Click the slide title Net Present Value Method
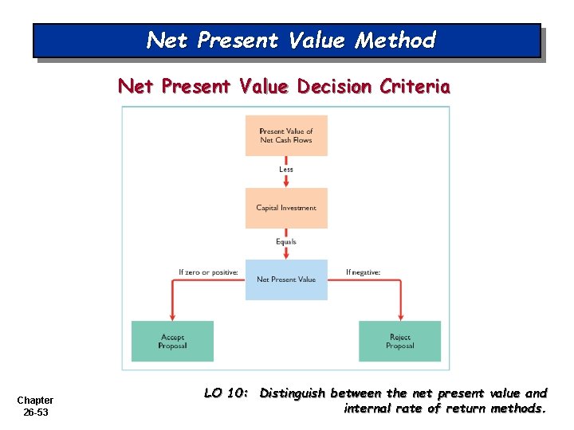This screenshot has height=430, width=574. pyautogui.click(x=291, y=40)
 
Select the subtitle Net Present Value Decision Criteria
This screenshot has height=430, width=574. pyautogui.click(x=284, y=86)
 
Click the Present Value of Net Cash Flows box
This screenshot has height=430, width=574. pyautogui.click(x=286, y=135)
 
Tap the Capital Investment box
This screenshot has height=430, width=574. pyautogui.click(x=286, y=208)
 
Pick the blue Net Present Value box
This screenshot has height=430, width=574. pyautogui.click(x=286, y=279)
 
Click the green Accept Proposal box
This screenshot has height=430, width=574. pyautogui.click(x=173, y=342)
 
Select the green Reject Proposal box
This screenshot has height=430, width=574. pyautogui.click(x=399, y=342)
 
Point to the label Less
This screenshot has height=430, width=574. pyautogui.click(x=286, y=169)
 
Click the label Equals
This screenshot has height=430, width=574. pyautogui.click(x=286, y=241)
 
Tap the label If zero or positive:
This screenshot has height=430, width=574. pyautogui.click(x=208, y=272)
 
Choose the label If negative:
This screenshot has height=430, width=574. pyautogui.click(x=363, y=272)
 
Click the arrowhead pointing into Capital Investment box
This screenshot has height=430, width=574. pyautogui.click(x=286, y=183)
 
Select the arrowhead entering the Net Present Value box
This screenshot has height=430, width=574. pyautogui.click(x=286, y=255)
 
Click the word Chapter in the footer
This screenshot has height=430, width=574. pyautogui.click(x=35, y=400)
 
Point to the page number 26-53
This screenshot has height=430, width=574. pyautogui.click(x=35, y=412)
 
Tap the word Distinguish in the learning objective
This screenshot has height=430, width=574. pyautogui.click(x=293, y=393)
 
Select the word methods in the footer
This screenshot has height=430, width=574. pyautogui.click(x=519, y=408)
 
